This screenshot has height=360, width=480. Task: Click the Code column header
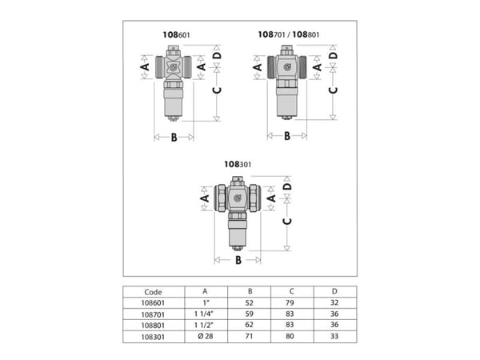tap(153, 292)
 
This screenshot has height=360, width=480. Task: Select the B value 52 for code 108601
tap(249, 303)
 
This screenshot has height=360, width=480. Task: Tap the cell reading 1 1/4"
tap(204, 314)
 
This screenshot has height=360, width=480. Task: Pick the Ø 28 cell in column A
tap(206, 337)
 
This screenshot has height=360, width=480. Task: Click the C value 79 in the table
tap(290, 303)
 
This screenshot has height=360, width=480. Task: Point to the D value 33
tap(334, 337)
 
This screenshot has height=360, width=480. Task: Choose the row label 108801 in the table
tap(153, 326)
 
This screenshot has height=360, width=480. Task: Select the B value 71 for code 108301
tap(249, 337)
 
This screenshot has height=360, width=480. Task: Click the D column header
tap(334, 291)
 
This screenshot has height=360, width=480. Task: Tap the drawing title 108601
tap(176, 35)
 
